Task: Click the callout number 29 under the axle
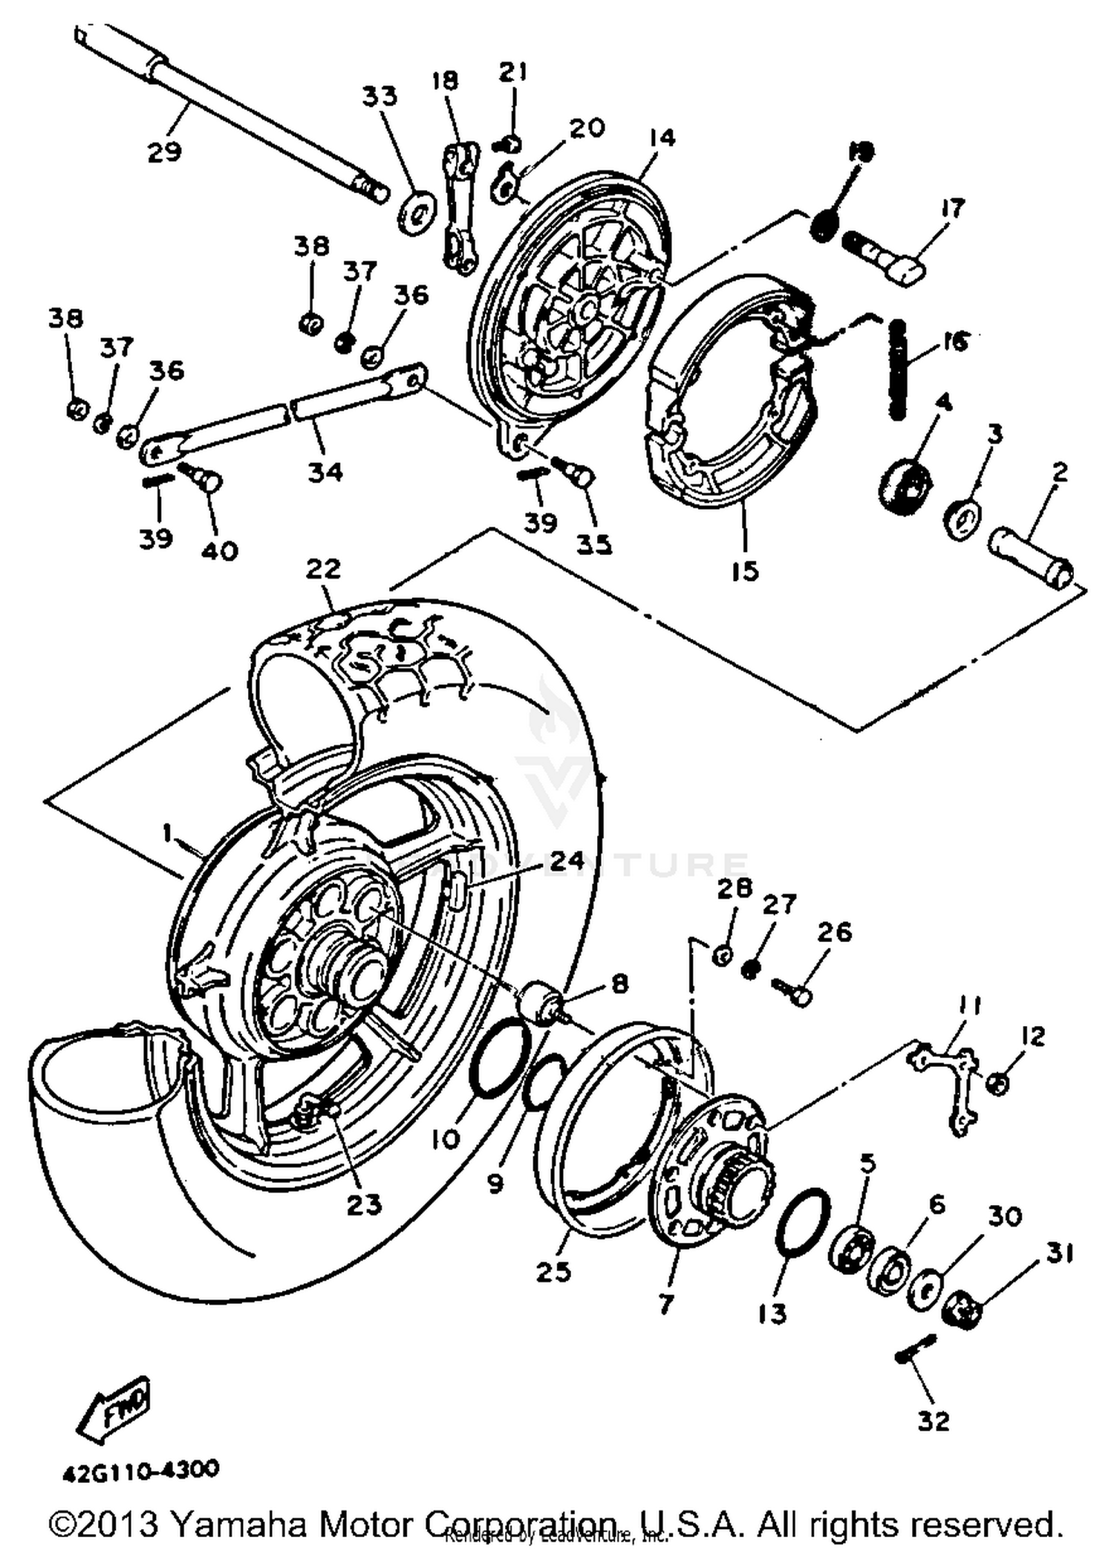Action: pos(164,152)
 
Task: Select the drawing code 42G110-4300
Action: pos(141,1470)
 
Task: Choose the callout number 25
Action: pos(554,1271)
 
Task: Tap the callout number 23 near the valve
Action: pos(364,1204)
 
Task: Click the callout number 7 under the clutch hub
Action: pos(665,1304)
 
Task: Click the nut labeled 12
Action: pos(998,1084)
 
